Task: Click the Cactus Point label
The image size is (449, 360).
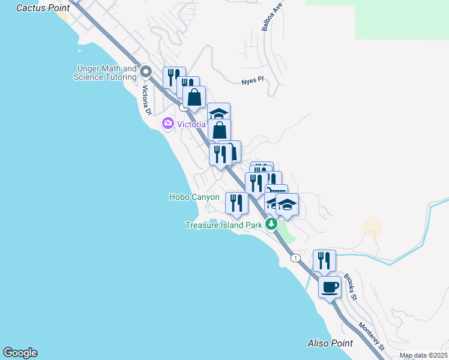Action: [43, 8]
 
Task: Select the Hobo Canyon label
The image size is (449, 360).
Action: [194, 197]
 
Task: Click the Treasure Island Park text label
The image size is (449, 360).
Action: [224, 225]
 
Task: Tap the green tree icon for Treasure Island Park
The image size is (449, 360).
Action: [271, 224]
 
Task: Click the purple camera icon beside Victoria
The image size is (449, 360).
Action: [167, 124]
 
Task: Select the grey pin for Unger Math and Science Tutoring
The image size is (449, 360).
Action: [145, 73]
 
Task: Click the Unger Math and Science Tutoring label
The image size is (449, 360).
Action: [106, 73]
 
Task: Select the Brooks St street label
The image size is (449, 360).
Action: [350, 287]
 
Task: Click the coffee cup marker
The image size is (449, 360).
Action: [330, 287]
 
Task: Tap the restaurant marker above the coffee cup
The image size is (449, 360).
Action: [324, 260]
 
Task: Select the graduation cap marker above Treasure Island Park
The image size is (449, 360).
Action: [287, 205]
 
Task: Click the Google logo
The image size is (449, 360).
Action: [20, 353]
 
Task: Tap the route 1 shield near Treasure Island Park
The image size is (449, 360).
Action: [295, 257]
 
